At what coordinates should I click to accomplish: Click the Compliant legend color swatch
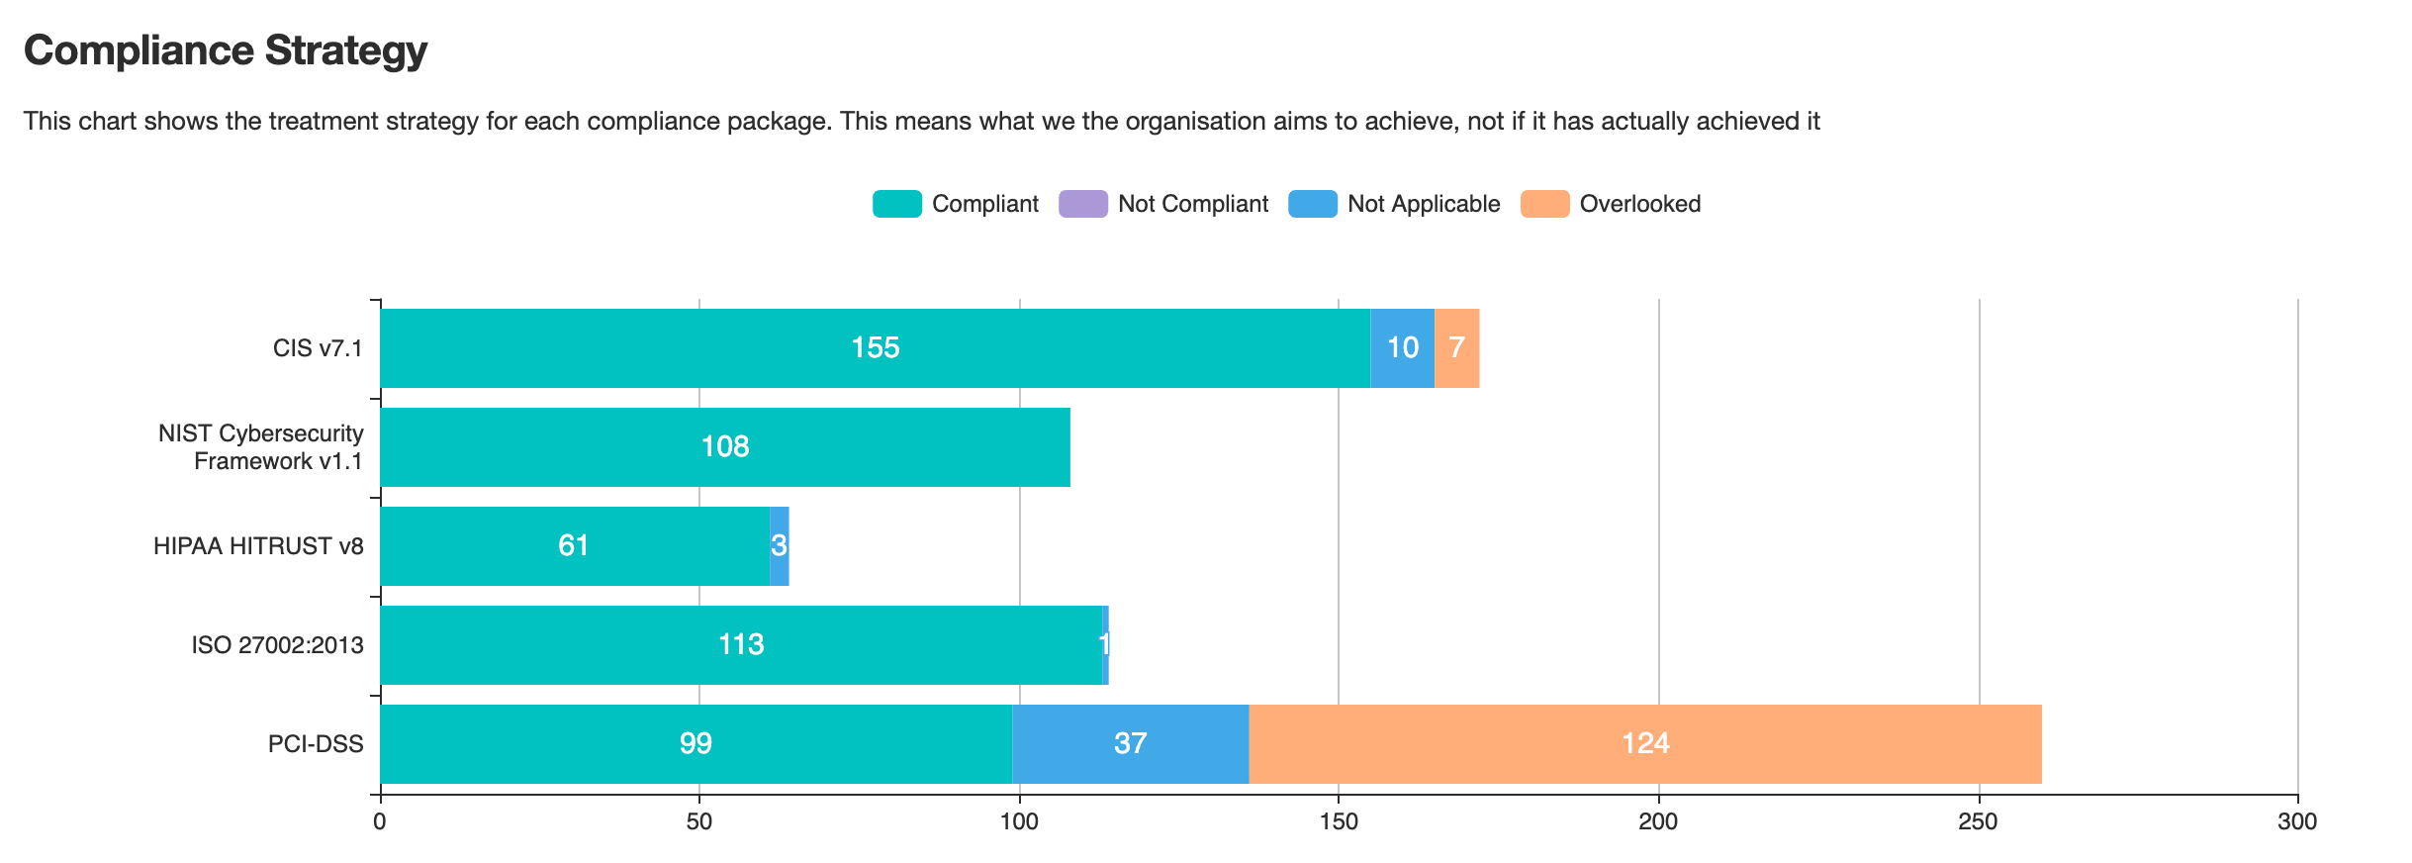pos(896,204)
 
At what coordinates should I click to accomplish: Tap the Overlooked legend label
pos(1639,204)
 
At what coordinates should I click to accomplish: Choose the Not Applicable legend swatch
pos(1312,204)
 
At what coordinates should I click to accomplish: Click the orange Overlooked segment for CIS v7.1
pos(1456,348)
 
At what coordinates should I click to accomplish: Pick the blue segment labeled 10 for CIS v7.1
pos(1402,348)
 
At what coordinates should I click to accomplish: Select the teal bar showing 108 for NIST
pos(724,447)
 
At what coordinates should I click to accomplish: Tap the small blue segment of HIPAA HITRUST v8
pos(780,546)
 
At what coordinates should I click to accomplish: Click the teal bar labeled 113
pos(740,645)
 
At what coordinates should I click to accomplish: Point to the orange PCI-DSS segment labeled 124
pos(1644,744)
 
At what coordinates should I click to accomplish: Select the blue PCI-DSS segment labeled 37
pos(1130,744)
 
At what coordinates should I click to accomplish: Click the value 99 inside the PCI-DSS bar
pos(696,744)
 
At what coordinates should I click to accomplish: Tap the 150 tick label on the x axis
pos(1339,822)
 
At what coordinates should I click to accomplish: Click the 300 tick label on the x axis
pos(2296,822)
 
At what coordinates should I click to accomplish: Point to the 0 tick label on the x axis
pos(380,822)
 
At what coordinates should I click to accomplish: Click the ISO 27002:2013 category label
pos(277,645)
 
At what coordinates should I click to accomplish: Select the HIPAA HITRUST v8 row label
pos(258,546)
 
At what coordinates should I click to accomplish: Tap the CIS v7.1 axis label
pos(318,348)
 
